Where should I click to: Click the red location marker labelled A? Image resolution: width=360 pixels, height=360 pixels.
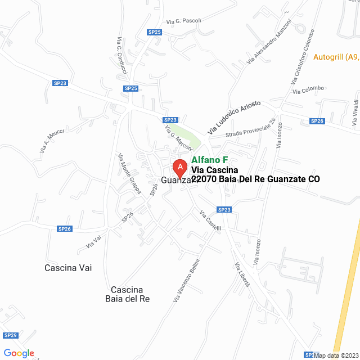pos(179,167)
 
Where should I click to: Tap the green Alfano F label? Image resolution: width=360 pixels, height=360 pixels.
pos(209,160)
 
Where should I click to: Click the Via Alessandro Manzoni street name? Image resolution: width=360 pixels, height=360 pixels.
pos(269,42)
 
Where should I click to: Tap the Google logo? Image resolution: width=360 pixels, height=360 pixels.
pos(19,353)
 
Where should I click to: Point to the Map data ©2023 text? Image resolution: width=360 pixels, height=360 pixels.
pos(336,355)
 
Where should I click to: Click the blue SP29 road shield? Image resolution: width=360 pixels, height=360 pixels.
pos(11,335)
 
